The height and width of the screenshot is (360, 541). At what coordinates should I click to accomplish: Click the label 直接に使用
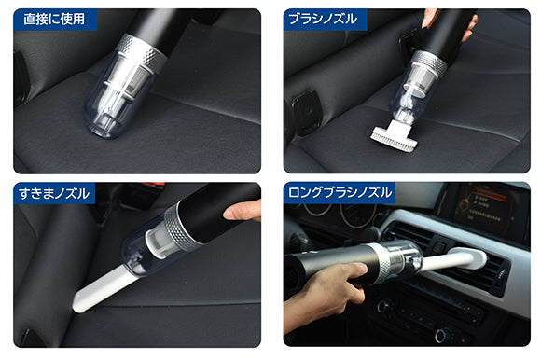coord(54,19)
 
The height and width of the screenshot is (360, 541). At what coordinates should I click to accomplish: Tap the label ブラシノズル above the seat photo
coord(323,19)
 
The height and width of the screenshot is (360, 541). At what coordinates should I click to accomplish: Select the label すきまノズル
coord(54,193)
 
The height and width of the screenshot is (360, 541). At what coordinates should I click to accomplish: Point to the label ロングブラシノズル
coord(340,192)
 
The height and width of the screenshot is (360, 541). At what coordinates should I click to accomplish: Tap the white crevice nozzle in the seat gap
coord(104,290)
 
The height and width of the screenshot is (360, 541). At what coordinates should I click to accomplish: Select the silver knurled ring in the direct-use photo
coord(142,52)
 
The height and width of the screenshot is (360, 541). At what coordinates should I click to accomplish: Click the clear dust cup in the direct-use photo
coord(117,98)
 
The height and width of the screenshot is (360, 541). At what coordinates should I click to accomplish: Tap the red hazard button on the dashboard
coord(439,247)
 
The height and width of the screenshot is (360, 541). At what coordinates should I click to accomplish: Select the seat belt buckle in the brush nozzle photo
coord(305,112)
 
